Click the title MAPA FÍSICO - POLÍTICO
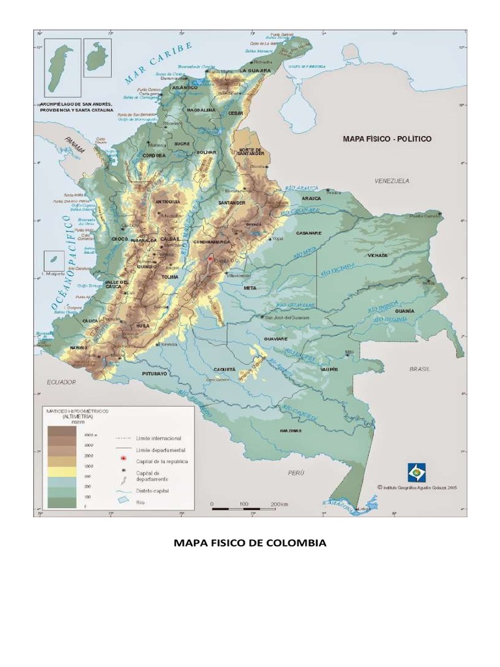pyautogui.click(x=387, y=139)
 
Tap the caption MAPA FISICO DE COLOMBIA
pyautogui.click(x=249, y=543)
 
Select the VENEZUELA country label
pyautogui.click(x=391, y=181)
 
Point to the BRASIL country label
pyautogui.click(x=420, y=369)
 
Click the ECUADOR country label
pyautogui.click(x=61, y=382)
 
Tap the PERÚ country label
pyautogui.click(x=296, y=474)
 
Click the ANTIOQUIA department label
pyautogui.click(x=168, y=202)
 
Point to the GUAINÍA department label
pyautogui.click(x=404, y=311)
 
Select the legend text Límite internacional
pyautogui.click(x=158, y=438)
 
